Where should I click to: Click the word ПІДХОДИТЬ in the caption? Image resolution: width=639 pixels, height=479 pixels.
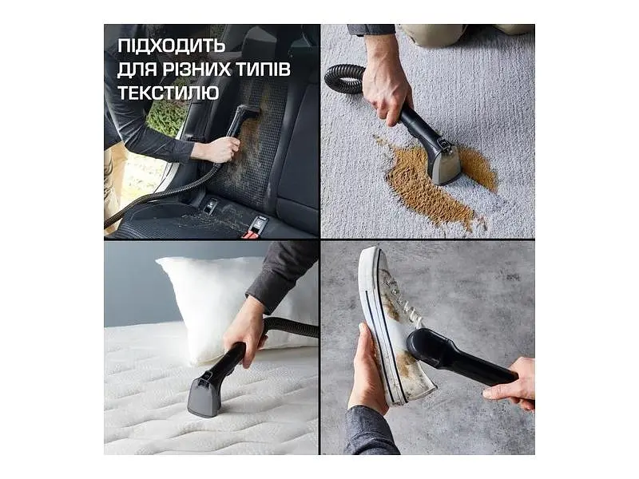pyautogui.click(x=171, y=46)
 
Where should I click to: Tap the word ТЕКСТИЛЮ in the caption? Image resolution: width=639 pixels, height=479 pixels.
pyautogui.click(x=169, y=93)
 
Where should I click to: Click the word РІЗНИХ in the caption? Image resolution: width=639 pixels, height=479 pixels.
pyautogui.click(x=196, y=69)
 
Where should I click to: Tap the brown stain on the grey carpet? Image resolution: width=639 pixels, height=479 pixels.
pyautogui.click(x=436, y=184)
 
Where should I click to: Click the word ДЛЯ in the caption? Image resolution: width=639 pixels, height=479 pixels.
pyautogui.click(x=137, y=70)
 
